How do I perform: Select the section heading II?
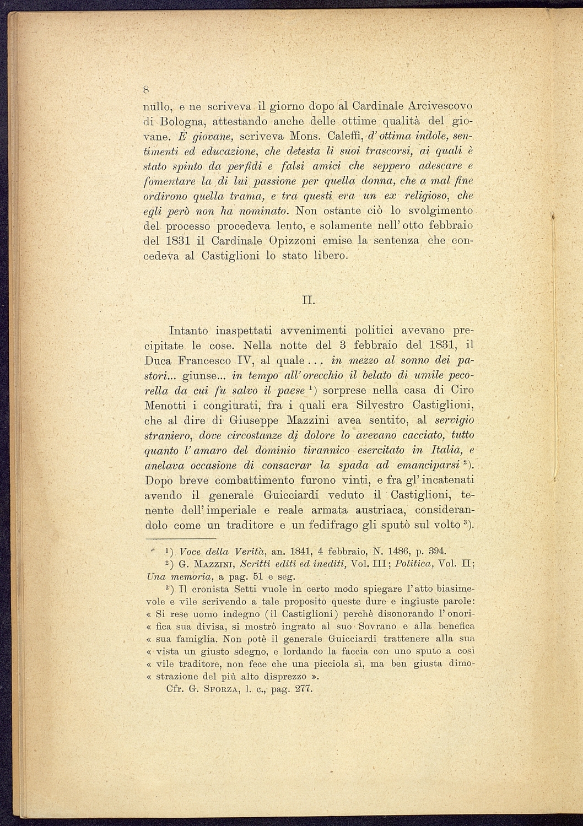pyautogui.click(x=309, y=301)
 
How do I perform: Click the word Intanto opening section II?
pyautogui.click(x=188, y=331)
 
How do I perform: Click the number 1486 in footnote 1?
pyautogui.click(x=395, y=550)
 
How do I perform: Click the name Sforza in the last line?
pyautogui.click(x=222, y=689)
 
